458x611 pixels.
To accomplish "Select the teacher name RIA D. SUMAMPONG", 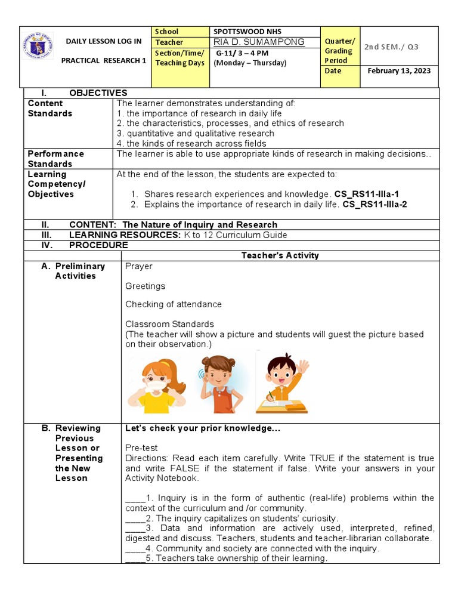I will [259, 42].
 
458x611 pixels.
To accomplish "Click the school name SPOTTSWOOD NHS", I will [247, 31].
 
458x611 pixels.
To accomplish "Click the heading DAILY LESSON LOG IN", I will [104, 41].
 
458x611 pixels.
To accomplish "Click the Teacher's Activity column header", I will [280, 255].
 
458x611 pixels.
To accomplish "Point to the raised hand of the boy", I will [303, 366].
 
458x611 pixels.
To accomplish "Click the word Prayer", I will [138, 266].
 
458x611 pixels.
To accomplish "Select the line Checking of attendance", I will [173, 304].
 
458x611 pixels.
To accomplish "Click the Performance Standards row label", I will [56, 159].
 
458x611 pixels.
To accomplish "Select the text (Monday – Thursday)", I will [250, 63].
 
